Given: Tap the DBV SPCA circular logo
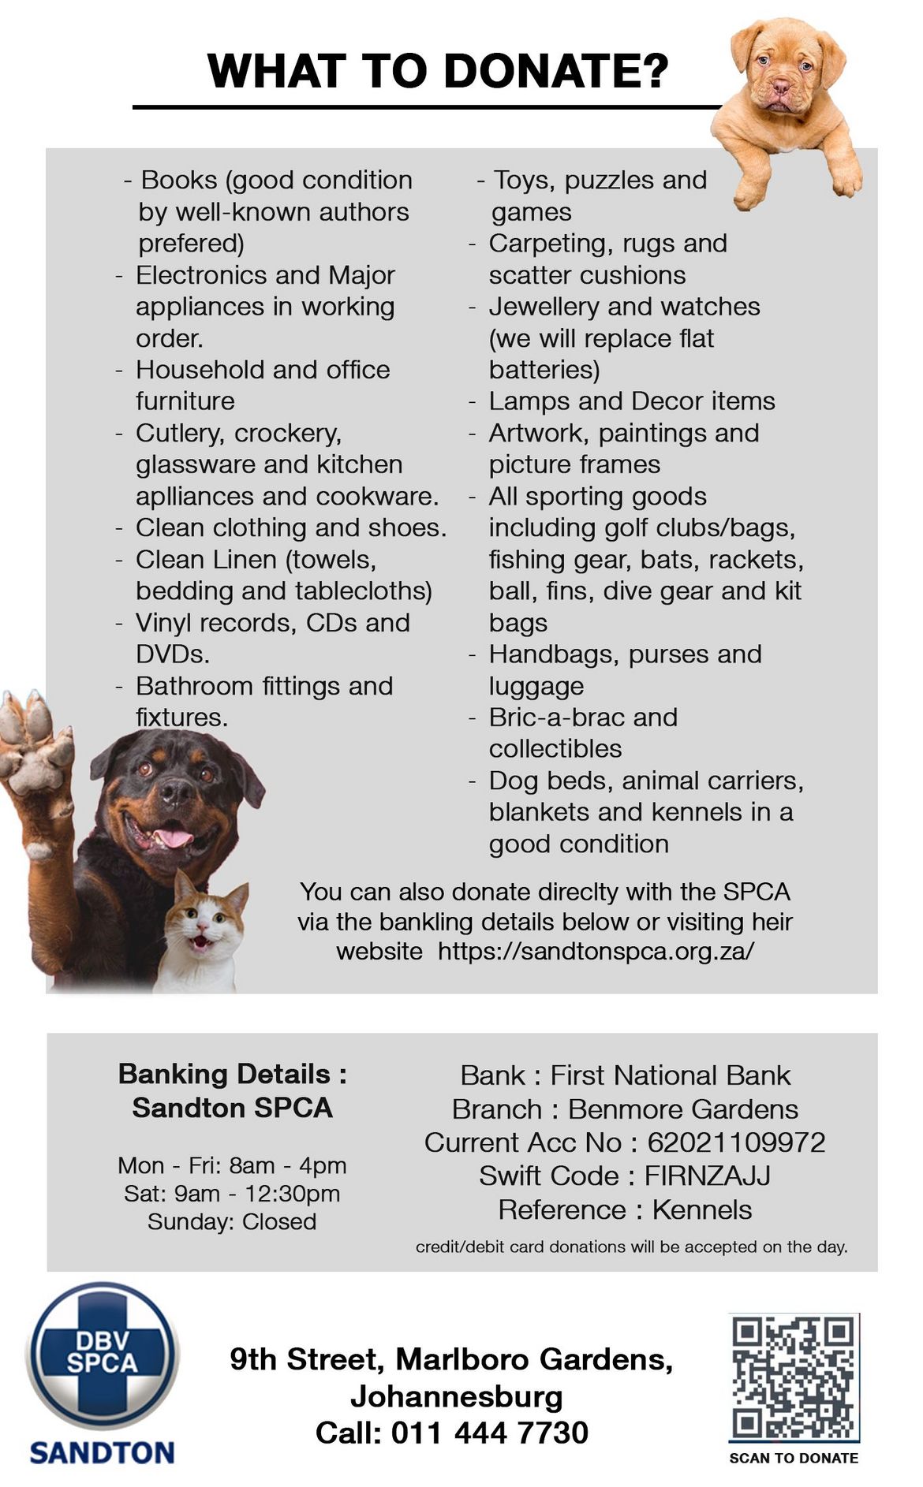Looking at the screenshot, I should click(103, 1355).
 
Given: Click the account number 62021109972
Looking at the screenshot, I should click(736, 1142).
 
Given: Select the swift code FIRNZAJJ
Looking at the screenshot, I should click(707, 1176).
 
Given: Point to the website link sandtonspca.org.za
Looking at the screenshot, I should click(596, 951).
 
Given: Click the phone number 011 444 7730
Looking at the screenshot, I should click(489, 1433).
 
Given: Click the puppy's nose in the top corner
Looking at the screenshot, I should click(780, 85).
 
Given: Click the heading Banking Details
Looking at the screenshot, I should click(232, 1074).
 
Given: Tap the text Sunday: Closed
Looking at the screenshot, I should click(232, 1221).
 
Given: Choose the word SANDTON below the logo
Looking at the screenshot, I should click(102, 1452).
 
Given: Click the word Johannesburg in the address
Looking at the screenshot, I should click(457, 1396).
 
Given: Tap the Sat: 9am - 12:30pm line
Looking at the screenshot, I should click(232, 1194).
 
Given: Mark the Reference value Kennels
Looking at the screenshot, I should click(702, 1209).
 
